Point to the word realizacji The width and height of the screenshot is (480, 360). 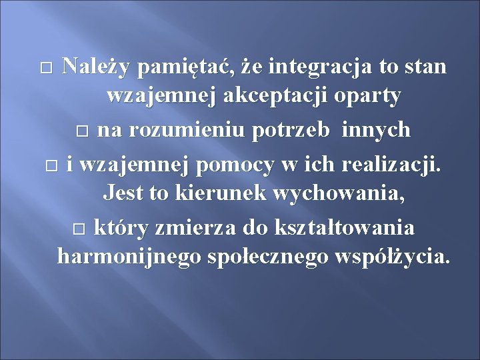tap(391, 163)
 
